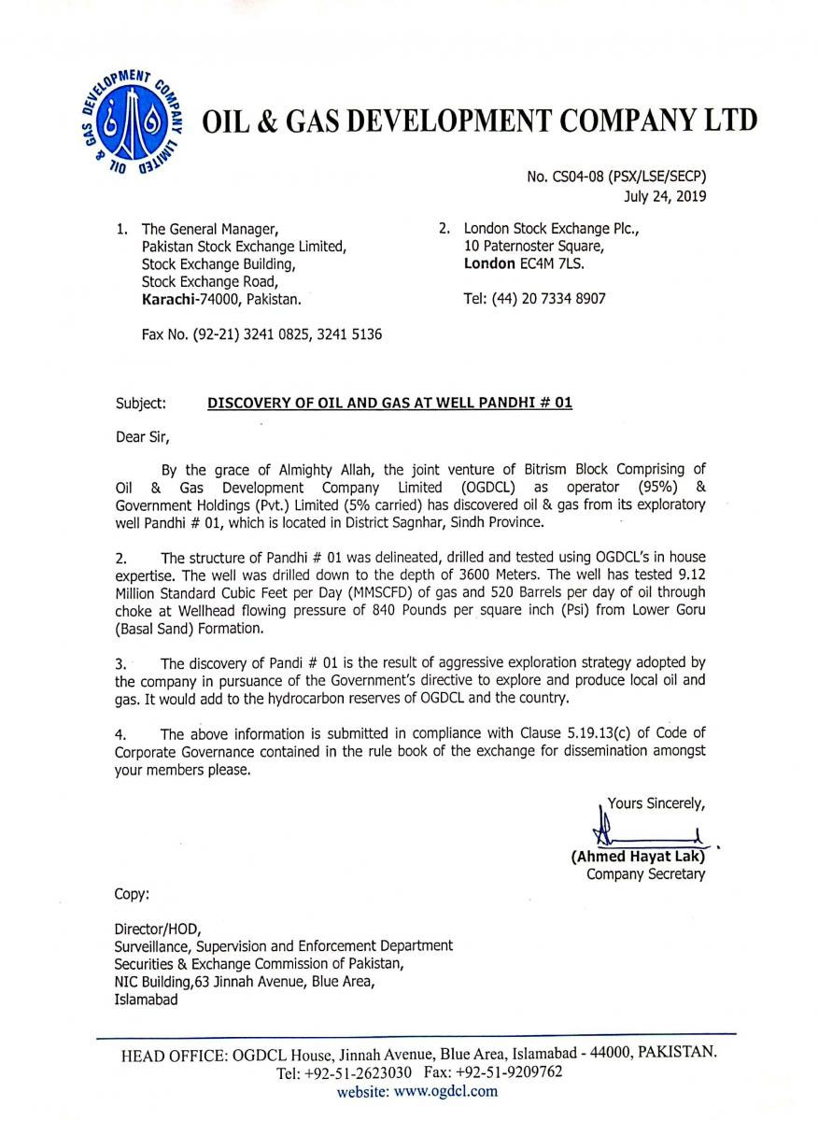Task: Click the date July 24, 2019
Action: point(665,196)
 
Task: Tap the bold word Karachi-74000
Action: point(188,299)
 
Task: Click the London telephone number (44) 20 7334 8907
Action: point(536,299)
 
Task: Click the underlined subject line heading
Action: point(388,404)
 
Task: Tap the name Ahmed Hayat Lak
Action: point(638,856)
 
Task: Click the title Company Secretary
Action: point(645,874)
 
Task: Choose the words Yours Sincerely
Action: point(656,802)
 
